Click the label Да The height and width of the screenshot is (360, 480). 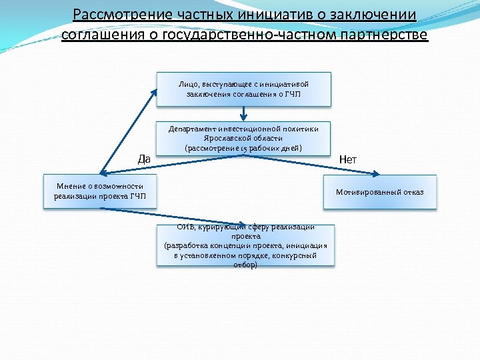tap(144, 159)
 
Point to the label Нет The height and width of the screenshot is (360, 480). tap(348, 159)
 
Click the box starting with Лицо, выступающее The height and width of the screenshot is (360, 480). tap(243, 89)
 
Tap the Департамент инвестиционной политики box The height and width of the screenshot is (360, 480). tap(243, 138)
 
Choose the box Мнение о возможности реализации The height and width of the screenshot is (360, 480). tap(100, 191)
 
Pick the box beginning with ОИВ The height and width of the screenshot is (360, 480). tap(245, 245)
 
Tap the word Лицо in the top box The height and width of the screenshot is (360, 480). tap(186, 84)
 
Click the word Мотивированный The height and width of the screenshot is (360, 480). tap(367, 193)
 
